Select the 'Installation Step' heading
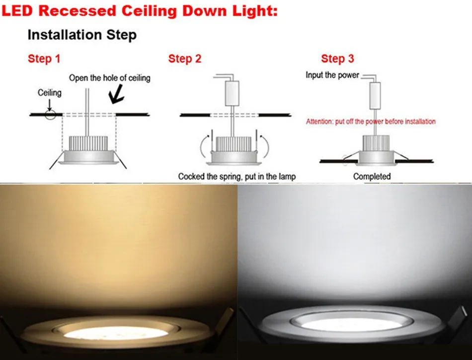[82, 35]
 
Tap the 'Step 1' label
[44, 59]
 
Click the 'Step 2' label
[185, 59]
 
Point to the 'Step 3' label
[337, 59]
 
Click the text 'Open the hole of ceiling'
[109, 78]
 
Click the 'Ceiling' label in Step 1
[50, 92]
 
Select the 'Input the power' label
[332, 75]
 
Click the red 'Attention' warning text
[371, 121]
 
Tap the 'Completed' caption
[372, 176]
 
